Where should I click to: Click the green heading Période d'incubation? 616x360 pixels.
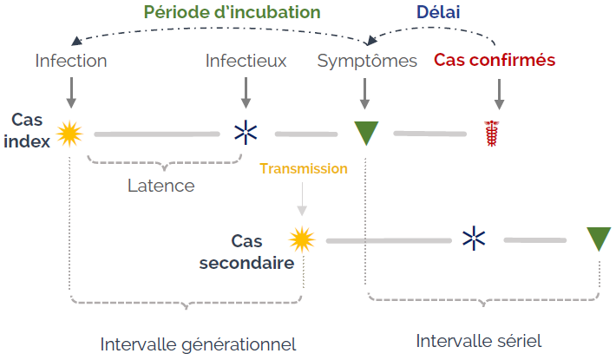click(x=233, y=12)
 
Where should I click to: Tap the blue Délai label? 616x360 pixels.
click(x=438, y=12)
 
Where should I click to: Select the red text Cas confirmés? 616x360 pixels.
click(x=495, y=60)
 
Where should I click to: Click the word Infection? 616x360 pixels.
click(x=71, y=61)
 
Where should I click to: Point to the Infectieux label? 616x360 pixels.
click(x=246, y=61)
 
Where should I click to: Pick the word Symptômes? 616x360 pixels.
click(x=367, y=62)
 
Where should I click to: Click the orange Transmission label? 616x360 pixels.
click(x=304, y=168)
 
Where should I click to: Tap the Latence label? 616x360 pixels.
click(x=161, y=186)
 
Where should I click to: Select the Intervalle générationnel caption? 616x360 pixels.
click(x=198, y=344)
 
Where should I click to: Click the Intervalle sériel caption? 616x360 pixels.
click(x=479, y=341)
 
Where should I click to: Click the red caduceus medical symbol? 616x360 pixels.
click(x=491, y=134)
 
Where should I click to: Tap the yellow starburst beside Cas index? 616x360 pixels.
click(x=69, y=134)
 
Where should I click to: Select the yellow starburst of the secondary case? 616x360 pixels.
click(x=302, y=239)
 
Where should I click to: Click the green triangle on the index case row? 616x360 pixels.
click(x=366, y=131)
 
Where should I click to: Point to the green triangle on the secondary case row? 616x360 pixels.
click(x=599, y=237)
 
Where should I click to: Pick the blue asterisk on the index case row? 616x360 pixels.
click(x=246, y=133)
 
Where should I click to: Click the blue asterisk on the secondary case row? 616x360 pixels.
click(x=474, y=239)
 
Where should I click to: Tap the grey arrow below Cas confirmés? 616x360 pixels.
click(x=500, y=95)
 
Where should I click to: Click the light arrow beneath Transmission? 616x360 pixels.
click(x=302, y=199)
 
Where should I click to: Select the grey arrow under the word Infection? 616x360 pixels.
click(x=71, y=93)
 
